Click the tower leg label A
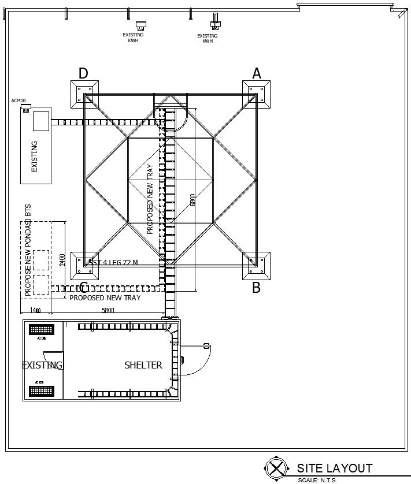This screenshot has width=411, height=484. click(257, 73)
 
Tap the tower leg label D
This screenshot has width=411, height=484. click(83, 73)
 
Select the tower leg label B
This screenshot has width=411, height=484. click(256, 288)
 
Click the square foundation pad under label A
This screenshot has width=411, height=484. click(257, 94)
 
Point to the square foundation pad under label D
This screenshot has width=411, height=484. click(85, 94)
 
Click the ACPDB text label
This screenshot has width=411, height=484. click(18, 101)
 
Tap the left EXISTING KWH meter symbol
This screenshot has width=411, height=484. click(140, 25)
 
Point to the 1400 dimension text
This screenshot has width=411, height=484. click(35, 311)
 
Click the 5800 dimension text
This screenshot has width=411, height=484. click(108, 311)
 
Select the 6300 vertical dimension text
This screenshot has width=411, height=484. click(193, 199)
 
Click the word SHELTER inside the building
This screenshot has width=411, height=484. click(143, 365)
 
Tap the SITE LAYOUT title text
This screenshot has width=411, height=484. click(335, 468)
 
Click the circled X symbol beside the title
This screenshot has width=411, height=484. click(277, 468)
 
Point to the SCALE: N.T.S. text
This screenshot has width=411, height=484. click(317, 480)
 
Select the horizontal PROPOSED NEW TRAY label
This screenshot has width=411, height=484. click(105, 298)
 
